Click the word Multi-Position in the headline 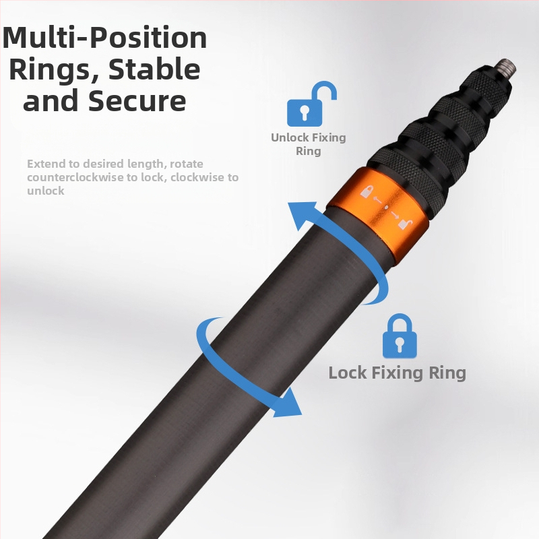(x=104, y=38)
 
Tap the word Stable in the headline (x=154, y=69)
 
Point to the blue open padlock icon (x=311, y=104)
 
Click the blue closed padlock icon (x=400, y=336)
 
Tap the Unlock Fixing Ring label (x=309, y=144)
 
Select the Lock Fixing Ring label (x=397, y=373)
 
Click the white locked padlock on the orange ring (x=367, y=191)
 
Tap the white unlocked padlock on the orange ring (x=404, y=224)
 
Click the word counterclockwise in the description (x=82, y=177)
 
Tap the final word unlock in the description (x=46, y=191)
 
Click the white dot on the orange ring (x=385, y=208)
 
